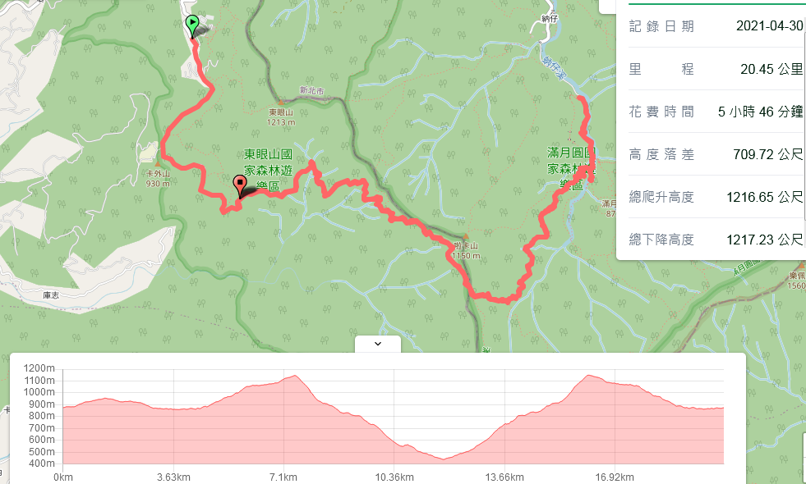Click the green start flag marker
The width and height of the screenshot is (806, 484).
192,25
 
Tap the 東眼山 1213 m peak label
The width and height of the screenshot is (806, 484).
280,117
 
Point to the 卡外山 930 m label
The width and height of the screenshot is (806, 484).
158,178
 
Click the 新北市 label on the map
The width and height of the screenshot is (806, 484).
312,91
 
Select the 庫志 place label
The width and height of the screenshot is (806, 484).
53,293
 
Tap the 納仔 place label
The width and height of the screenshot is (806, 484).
550,17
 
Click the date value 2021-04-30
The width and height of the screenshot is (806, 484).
769,26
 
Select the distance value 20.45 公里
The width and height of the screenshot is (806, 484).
771,69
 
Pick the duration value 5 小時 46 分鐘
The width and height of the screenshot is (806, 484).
760,112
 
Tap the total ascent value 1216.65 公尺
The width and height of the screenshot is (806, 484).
764,197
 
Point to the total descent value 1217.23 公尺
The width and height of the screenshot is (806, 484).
764,240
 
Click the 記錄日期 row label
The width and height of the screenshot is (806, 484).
661,26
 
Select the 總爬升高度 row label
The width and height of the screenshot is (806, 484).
661,197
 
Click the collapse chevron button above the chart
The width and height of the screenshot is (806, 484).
378,344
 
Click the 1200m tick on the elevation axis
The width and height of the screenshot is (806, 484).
39,368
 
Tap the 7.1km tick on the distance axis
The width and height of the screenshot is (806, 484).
283,477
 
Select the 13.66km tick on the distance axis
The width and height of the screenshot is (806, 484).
504,477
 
